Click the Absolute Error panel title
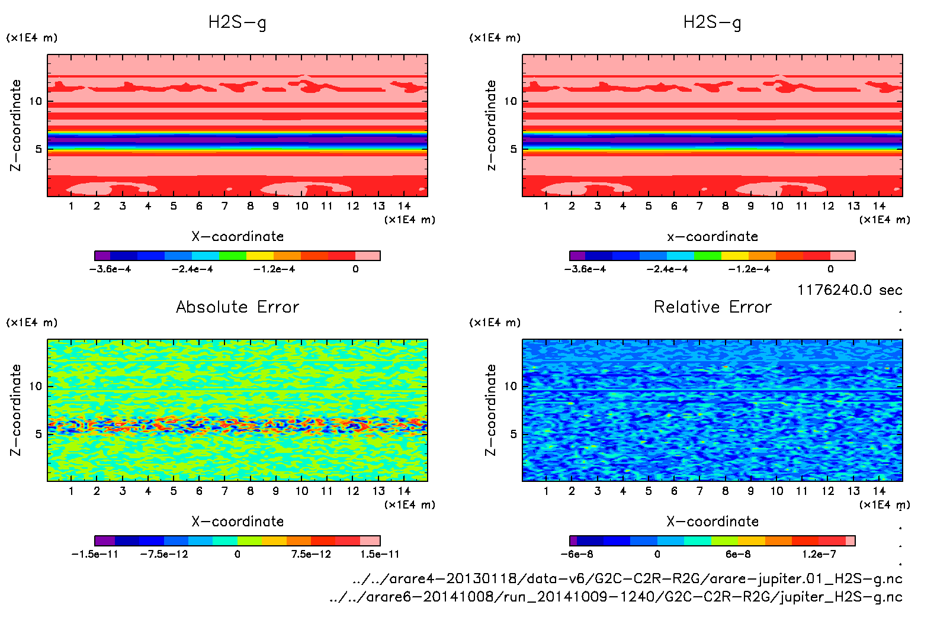(237, 307)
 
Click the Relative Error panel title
(712, 307)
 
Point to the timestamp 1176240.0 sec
(849, 290)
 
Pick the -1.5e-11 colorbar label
(95, 554)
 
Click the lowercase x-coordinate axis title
(712, 237)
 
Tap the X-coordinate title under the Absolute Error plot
(237, 522)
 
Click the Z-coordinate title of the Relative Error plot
(490, 410)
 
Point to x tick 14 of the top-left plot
(405, 206)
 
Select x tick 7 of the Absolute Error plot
(224, 491)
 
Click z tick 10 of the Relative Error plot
(511, 387)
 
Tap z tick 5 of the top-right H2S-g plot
(513, 149)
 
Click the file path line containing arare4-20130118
(627, 578)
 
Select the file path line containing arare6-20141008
(616, 597)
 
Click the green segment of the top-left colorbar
(232, 256)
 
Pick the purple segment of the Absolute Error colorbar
(104, 541)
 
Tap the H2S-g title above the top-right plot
(712, 22)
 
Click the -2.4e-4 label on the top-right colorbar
(667, 269)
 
